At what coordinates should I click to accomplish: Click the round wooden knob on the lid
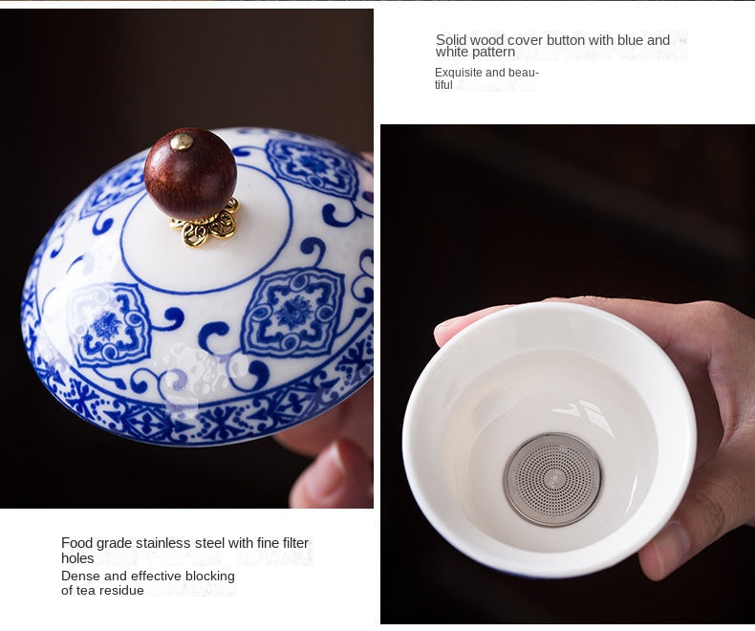point(191,172)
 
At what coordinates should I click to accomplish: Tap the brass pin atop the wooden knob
point(183,141)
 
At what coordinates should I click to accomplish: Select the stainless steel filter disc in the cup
point(552,479)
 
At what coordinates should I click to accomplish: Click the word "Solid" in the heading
point(451,40)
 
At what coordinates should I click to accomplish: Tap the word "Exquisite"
point(459,73)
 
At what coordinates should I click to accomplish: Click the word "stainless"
point(162,543)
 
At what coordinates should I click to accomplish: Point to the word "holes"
point(77,558)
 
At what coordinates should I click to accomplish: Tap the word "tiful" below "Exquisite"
point(443,85)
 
